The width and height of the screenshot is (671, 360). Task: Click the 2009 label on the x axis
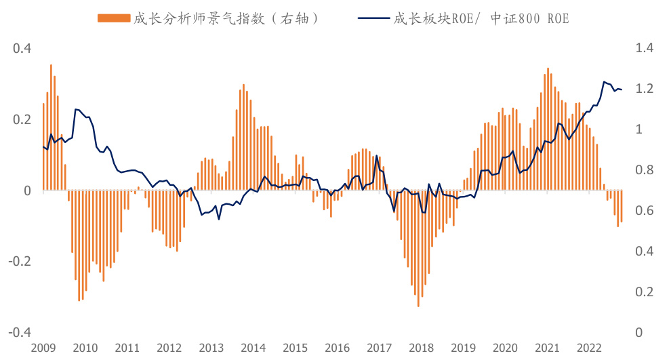(43, 348)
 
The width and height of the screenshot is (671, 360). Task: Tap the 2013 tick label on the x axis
(211, 348)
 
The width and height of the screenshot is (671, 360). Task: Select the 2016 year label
(337, 348)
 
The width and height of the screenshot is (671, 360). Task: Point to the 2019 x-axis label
(463, 348)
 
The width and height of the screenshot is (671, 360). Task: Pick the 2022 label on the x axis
(589, 348)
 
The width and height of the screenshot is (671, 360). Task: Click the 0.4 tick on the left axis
(22, 49)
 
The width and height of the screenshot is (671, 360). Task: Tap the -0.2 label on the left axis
(20, 262)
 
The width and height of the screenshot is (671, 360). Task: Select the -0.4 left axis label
(20, 333)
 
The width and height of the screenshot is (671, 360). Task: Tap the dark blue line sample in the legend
(371, 18)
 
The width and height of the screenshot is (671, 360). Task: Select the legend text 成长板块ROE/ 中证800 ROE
(481, 18)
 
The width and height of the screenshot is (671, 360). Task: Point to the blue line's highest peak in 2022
(604, 82)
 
